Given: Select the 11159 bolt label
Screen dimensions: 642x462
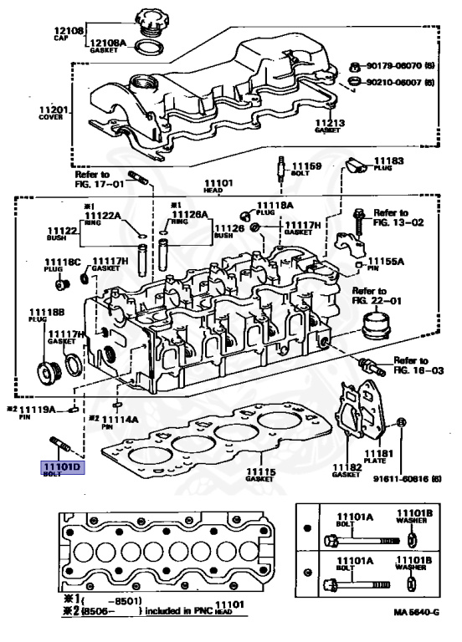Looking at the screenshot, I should coord(305,166).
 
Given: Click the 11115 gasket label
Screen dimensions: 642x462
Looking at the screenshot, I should coord(259,474).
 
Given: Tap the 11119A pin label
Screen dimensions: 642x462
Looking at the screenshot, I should coord(37,410).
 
